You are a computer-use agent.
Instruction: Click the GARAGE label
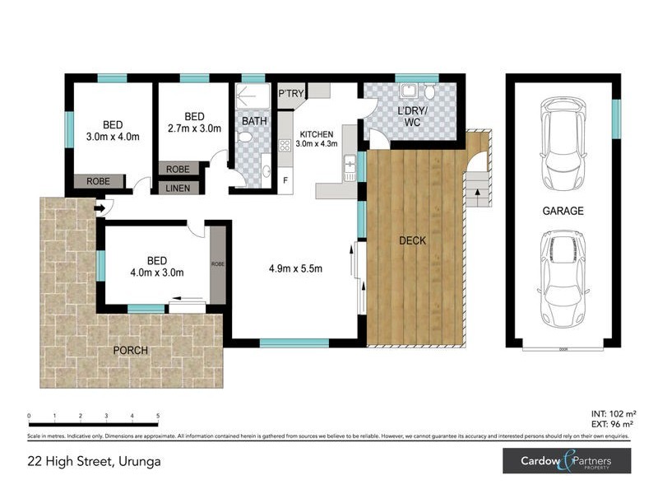(x=563, y=211)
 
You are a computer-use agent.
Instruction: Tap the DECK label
(x=411, y=240)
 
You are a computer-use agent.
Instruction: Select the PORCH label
(x=131, y=350)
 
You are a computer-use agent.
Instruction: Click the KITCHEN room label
(x=317, y=135)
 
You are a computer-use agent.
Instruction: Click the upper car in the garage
(x=563, y=145)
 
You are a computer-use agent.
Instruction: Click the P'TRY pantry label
(x=291, y=94)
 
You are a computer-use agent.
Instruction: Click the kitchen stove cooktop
(x=285, y=146)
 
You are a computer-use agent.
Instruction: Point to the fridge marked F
(x=285, y=179)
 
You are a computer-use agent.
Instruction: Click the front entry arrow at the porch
(x=100, y=208)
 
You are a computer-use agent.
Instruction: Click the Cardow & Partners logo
(x=567, y=461)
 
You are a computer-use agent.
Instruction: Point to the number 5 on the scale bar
(x=157, y=417)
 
